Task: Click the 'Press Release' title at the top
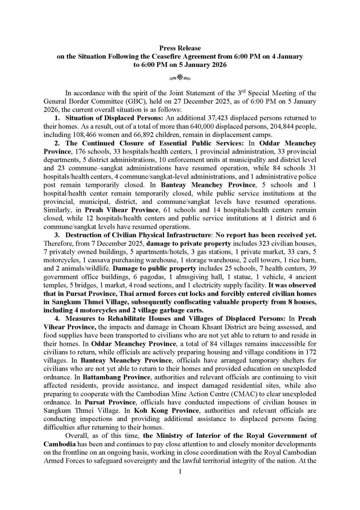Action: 180,48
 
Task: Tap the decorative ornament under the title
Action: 180,76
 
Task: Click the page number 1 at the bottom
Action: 180,473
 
